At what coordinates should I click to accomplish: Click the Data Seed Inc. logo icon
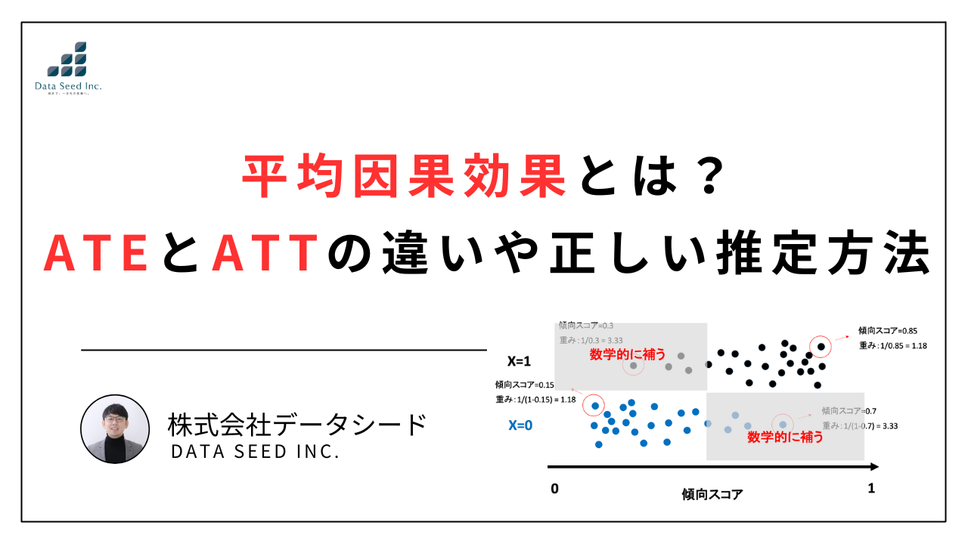point(67,60)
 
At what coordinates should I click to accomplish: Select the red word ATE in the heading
point(95,255)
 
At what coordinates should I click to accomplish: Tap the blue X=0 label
point(520,425)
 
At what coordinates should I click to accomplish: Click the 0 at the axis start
point(554,489)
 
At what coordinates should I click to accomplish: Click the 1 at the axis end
point(871,489)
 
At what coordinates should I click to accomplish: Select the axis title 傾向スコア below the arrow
point(712,495)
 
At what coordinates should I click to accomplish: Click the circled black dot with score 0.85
point(821,347)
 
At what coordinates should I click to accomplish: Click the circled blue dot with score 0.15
point(594,406)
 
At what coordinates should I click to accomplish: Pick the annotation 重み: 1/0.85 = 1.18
point(893,346)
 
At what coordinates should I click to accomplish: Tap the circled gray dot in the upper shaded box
point(634,366)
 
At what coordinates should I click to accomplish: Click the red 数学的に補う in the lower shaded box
point(785,437)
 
